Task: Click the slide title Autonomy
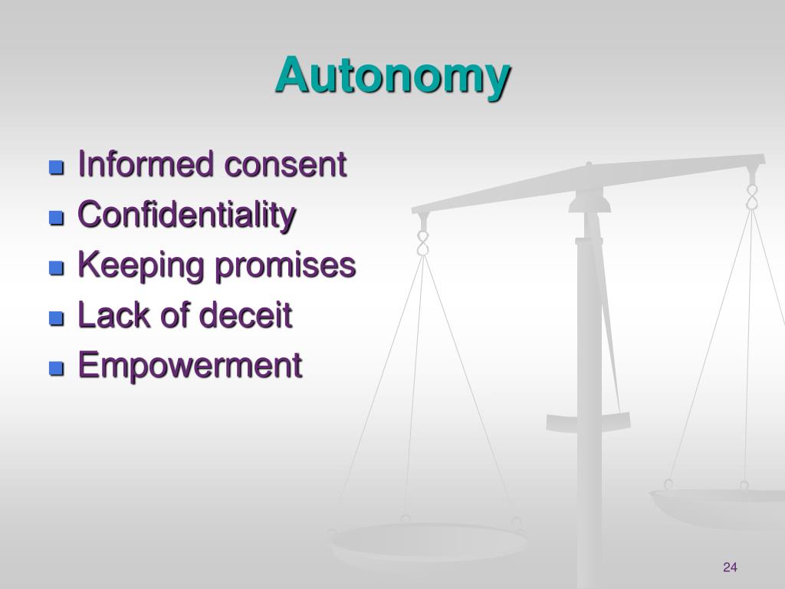[x=392, y=77]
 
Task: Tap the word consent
[x=285, y=164]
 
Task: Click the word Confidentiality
[x=187, y=216]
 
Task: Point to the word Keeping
[x=143, y=266]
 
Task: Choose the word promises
[x=284, y=266]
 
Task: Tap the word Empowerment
[x=190, y=365]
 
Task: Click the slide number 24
[x=729, y=568]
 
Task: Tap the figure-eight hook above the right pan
[x=752, y=196]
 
